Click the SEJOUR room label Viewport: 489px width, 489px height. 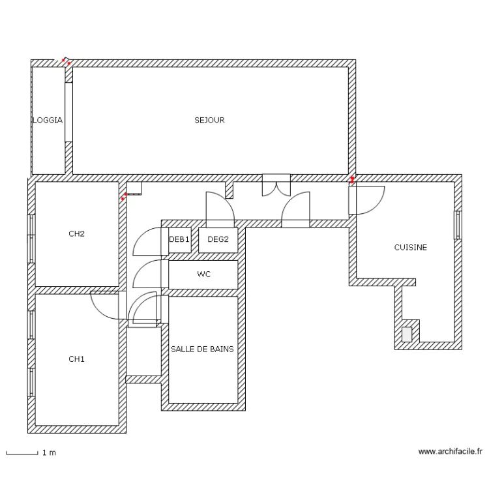pyautogui.click(x=209, y=120)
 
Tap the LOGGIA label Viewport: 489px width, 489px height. pyautogui.click(x=48, y=120)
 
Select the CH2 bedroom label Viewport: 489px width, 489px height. pyautogui.click(x=76, y=233)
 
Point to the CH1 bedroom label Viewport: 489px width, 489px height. pyautogui.click(x=76, y=359)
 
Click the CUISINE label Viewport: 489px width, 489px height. pyautogui.click(x=410, y=247)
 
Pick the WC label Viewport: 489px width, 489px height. pyautogui.click(x=204, y=274)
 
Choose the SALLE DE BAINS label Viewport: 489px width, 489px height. pyautogui.click(x=202, y=349)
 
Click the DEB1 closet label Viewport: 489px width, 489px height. pyautogui.click(x=179, y=239)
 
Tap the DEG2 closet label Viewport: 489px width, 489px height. pyautogui.click(x=218, y=239)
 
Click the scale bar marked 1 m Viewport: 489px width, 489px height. pyautogui.click(x=22, y=453)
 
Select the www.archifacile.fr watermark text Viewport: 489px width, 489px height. pyautogui.click(x=450, y=451)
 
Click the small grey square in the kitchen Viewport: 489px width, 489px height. pyautogui.click(x=407, y=334)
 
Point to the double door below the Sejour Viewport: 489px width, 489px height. pyautogui.click(x=276, y=185)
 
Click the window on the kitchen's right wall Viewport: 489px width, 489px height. pyautogui.click(x=458, y=225)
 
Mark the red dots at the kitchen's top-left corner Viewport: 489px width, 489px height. pyautogui.click(x=352, y=180)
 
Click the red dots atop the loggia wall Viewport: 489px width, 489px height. pyautogui.click(x=66, y=61)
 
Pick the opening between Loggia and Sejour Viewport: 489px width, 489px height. pyautogui.click(x=68, y=112)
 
